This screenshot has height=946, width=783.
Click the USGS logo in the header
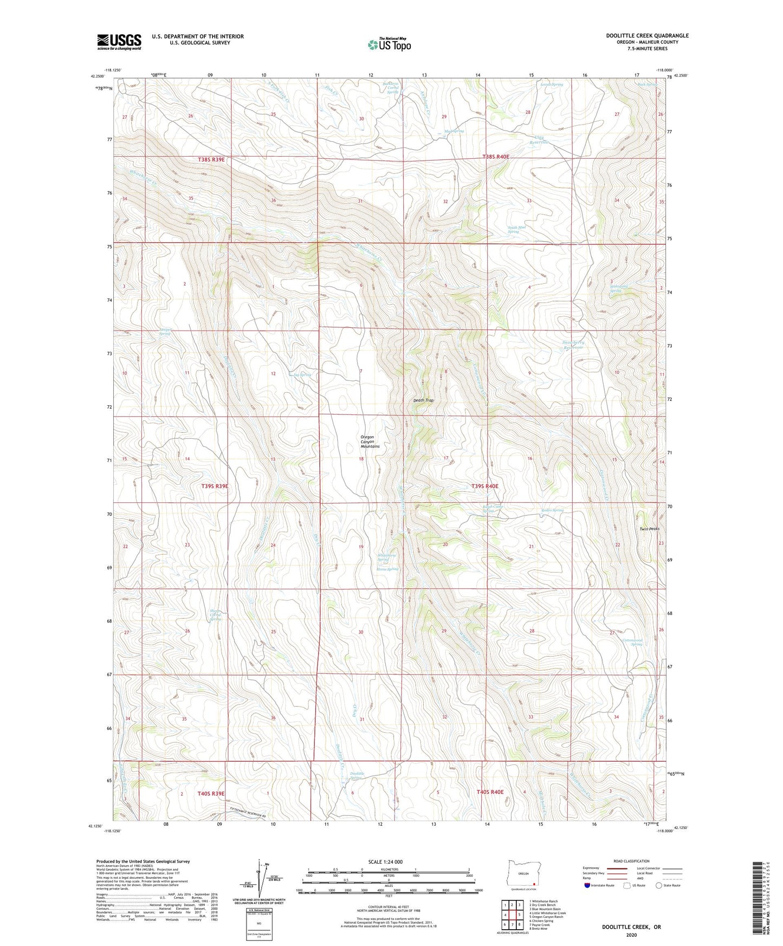[x=119, y=42]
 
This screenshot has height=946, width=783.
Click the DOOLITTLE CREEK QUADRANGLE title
[x=647, y=36]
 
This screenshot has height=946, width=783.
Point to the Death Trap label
[x=423, y=400]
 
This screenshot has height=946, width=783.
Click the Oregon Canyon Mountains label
[x=370, y=442]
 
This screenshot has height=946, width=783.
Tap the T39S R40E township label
[x=484, y=486]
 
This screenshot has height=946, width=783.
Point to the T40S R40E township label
[x=490, y=792]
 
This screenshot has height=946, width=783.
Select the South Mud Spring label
[x=516, y=229]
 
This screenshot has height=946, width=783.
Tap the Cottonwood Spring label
[x=632, y=642]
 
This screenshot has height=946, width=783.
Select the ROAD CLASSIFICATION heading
[x=632, y=861]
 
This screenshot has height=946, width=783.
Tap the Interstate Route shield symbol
[x=587, y=885]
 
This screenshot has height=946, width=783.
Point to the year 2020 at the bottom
[x=631, y=935]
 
